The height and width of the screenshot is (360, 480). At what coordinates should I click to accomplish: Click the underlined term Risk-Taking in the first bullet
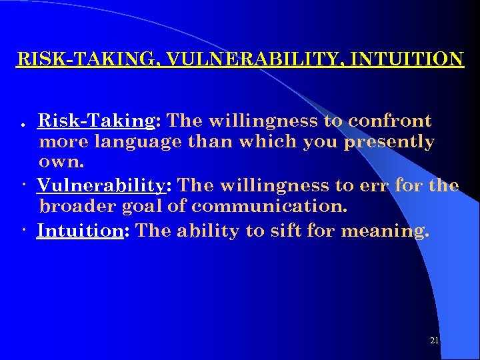(x=96, y=121)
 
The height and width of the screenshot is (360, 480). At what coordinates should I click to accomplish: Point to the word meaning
(x=385, y=231)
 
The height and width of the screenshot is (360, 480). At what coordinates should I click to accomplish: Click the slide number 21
(x=434, y=341)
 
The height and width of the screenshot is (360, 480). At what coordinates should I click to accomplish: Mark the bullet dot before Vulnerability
(x=23, y=185)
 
